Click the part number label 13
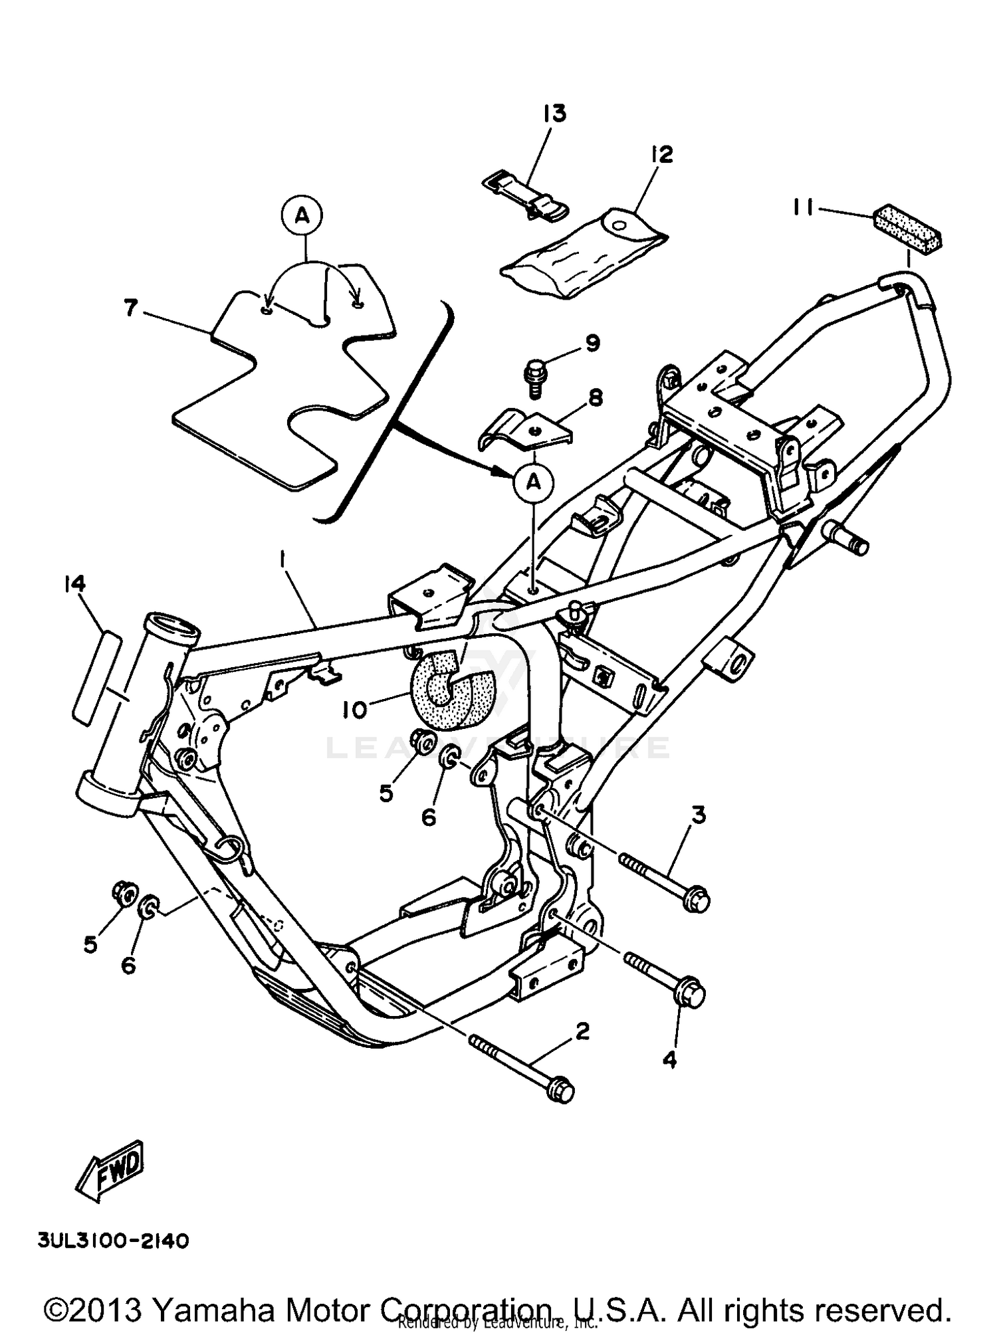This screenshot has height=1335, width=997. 554,114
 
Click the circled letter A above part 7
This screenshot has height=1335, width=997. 302,215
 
